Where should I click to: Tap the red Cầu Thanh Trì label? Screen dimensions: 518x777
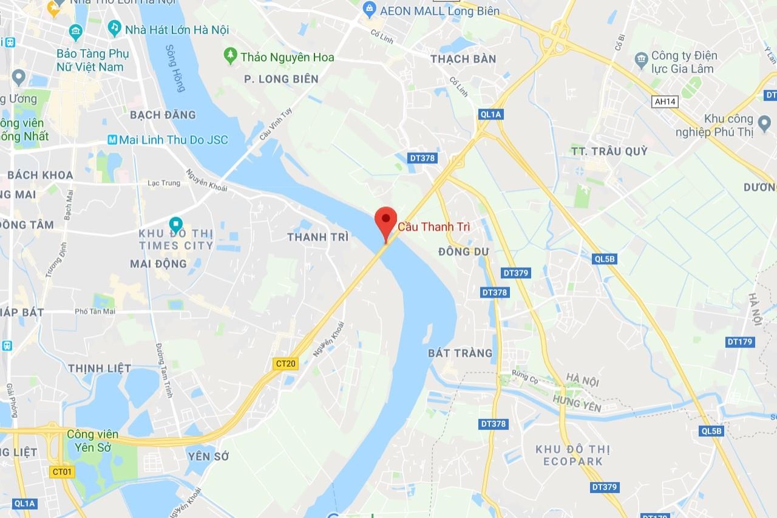[434, 227]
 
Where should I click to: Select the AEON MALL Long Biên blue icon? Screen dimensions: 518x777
[368, 9]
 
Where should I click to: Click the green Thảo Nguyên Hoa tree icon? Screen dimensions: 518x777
[230, 56]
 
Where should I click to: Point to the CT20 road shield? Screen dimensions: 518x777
[285, 364]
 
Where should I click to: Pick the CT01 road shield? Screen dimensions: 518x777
[62, 471]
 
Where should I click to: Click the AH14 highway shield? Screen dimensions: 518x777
[665, 102]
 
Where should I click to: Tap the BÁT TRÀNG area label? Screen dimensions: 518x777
[460, 353]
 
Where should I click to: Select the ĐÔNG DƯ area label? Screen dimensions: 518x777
[463, 251]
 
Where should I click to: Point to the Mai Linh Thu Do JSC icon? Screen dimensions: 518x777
[112, 140]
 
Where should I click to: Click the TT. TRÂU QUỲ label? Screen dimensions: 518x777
[609, 151]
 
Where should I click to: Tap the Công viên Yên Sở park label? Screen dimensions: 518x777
[93, 441]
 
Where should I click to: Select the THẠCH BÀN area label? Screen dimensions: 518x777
[463, 59]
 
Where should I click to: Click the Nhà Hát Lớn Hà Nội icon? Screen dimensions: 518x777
[114, 28]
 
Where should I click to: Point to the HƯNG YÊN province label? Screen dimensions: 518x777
[576, 403]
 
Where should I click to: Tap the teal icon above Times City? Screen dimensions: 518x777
[175, 223]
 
